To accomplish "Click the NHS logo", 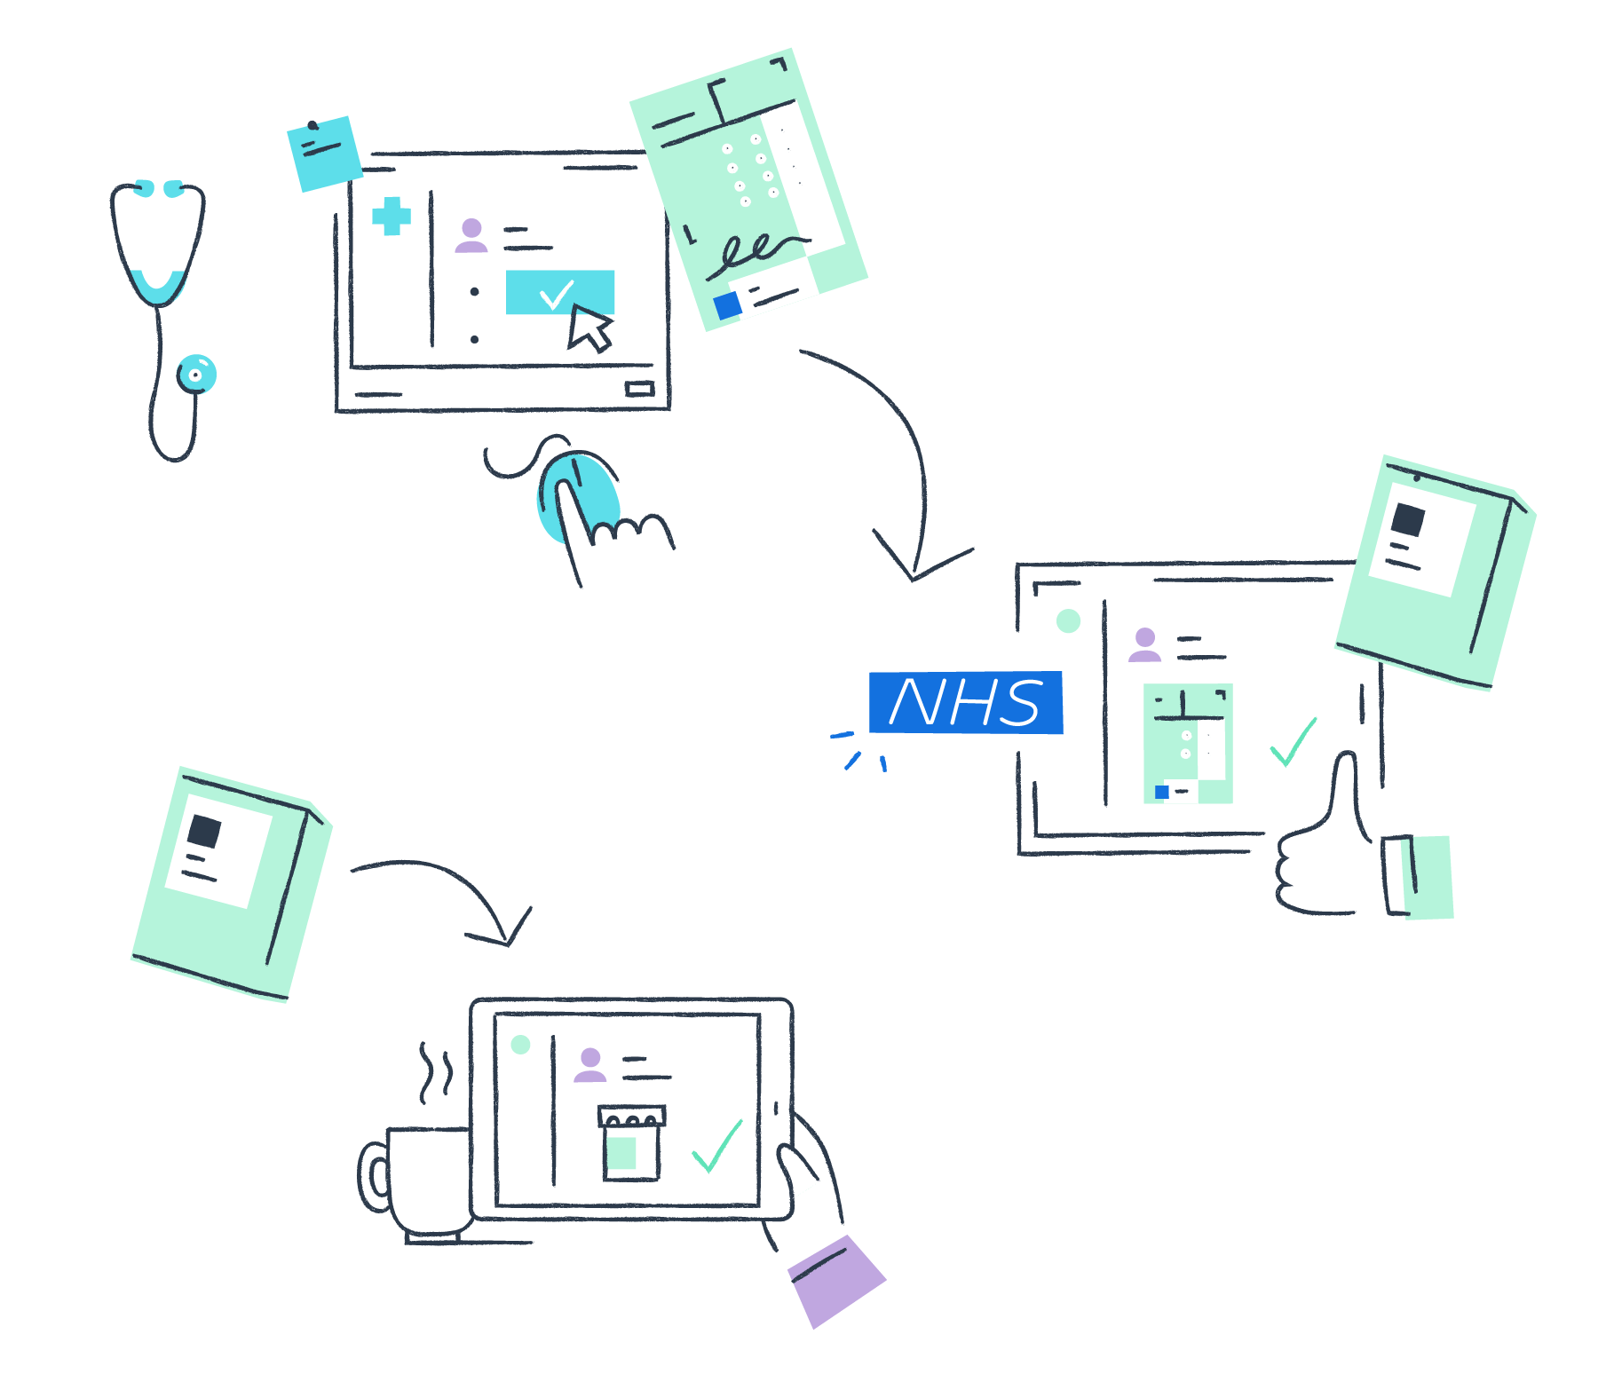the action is click(965, 702).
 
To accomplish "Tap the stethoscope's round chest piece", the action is click(196, 375).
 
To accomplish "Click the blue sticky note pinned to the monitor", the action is click(324, 153).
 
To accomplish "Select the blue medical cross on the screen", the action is click(392, 217).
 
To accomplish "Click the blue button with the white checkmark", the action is click(559, 292).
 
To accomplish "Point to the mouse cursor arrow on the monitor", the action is click(589, 328).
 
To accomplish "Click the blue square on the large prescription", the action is click(728, 305).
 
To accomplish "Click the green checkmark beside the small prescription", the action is click(1293, 744).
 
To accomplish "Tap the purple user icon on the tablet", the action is click(589, 1064).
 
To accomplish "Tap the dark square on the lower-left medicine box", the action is click(204, 831).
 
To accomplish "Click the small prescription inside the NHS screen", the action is click(1188, 744).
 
